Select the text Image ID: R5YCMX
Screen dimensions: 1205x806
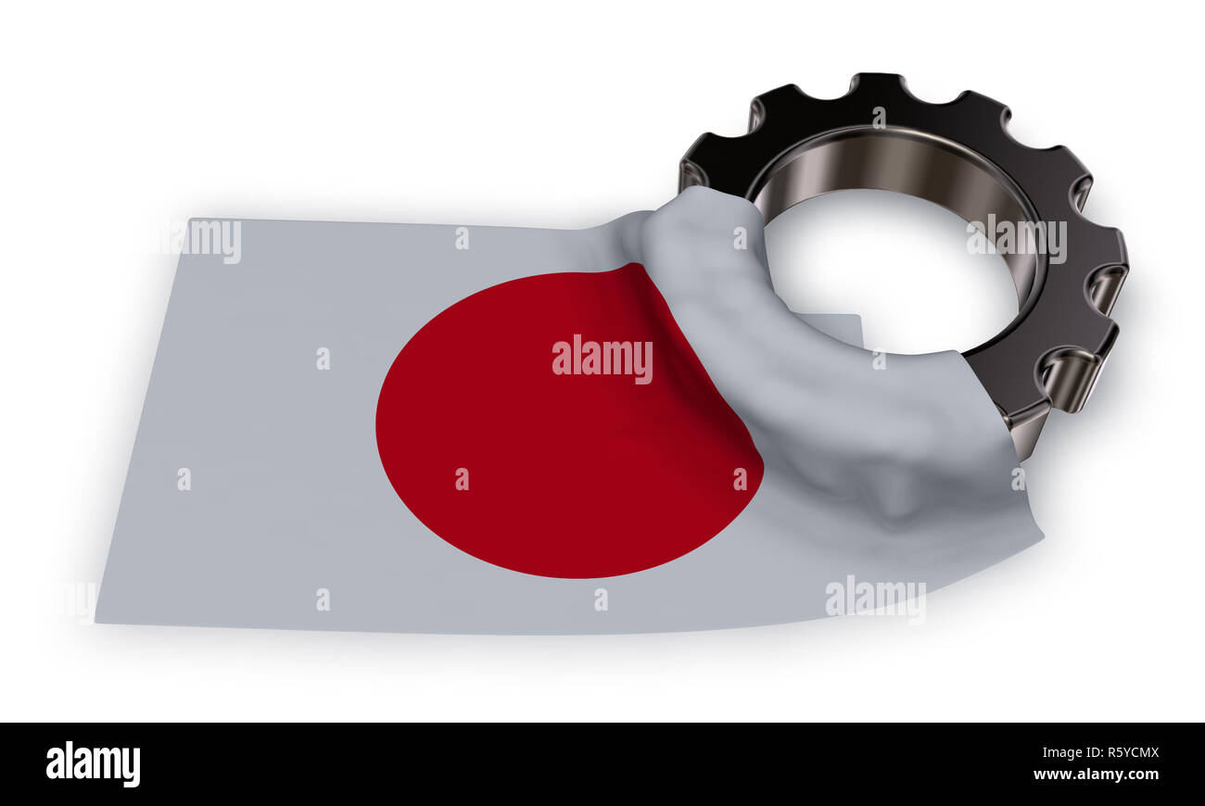pyautogui.click(x=1100, y=752)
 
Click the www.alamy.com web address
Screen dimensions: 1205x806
pyautogui.click(x=1097, y=775)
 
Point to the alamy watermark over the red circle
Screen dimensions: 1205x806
pyautogui.click(x=602, y=359)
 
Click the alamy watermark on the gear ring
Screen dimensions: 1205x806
pyautogui.click(x=1017, y=239)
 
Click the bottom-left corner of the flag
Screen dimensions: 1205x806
pyautogui.click(x=95, y=623)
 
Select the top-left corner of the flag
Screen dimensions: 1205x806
pyautogui.click(x=192, y=219)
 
